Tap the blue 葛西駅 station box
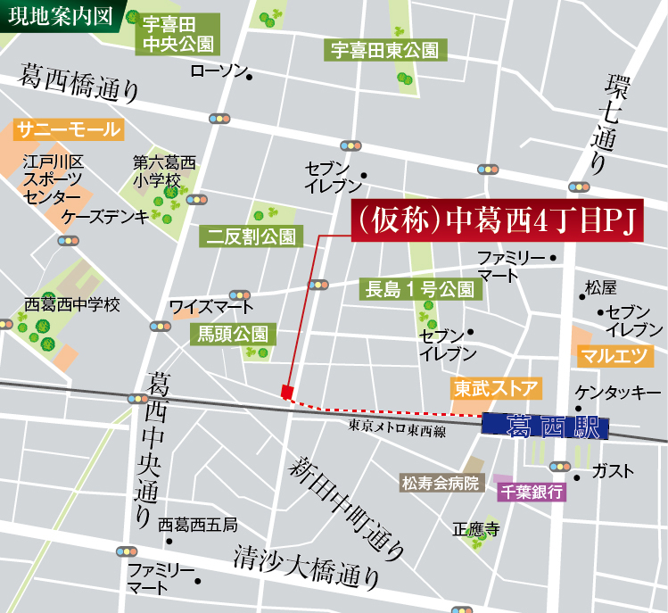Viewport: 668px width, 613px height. coord(545,427)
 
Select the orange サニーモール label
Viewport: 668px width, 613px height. coord(68,130)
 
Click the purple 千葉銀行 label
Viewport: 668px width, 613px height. coord(531,492)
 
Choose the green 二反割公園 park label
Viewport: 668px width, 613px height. coord(252,236)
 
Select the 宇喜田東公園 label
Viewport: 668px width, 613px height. coord(385,51)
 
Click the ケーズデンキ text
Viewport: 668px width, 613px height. coord(105,217)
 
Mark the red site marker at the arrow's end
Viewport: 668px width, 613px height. coord(286,393)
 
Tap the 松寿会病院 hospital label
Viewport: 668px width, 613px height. coord(440,484)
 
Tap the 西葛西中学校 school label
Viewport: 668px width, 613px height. coord(72,304)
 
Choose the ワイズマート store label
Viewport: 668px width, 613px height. coord(211,307)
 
